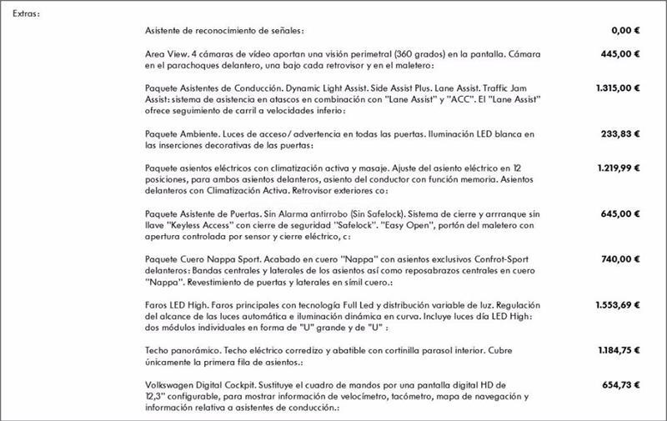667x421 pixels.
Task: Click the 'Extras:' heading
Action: click(27, 13)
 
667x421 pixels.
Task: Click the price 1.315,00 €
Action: click(618, 88)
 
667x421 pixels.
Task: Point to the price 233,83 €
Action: click(620, 133)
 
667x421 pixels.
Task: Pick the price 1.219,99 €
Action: click(618, 168)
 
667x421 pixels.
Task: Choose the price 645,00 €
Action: click(620, 213)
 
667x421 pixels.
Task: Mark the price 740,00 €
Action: click(620, 259)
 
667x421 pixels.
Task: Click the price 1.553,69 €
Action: click(618, 305)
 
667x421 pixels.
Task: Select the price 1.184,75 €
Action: click(618, 351)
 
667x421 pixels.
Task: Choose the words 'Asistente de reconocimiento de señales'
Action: click(236, 30)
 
